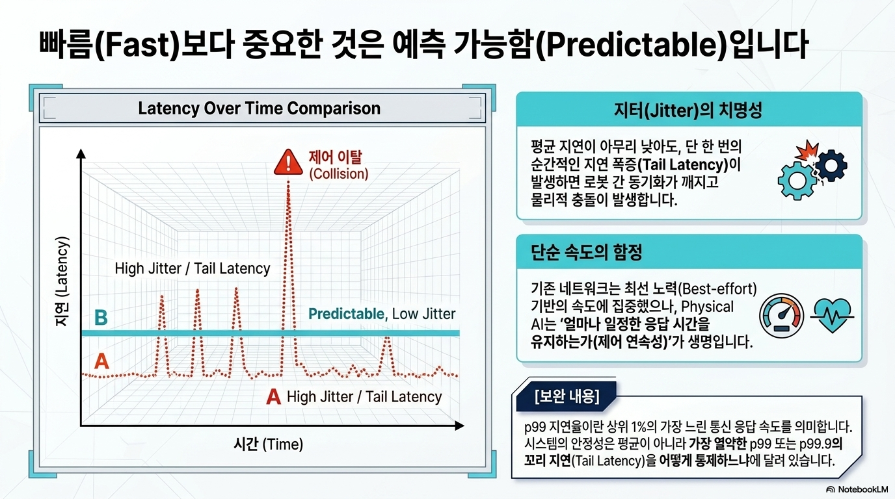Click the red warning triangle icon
point(288,162)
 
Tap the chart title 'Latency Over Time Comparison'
point(260,109)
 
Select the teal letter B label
point(101,318)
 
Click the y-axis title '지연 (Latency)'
point(62,282)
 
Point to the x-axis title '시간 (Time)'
point(268,444)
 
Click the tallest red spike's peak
point(288,183)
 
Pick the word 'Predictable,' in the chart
point(348,314)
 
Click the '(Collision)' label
point(339,173)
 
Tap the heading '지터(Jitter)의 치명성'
point(688,110)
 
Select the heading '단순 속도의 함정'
point(586,252)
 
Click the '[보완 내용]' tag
point(567,396)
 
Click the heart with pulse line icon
point(833,315)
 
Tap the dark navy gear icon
point(831,165)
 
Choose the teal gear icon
point(797,181)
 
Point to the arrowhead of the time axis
point(459,426)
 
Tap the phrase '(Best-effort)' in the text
point(717,289)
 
